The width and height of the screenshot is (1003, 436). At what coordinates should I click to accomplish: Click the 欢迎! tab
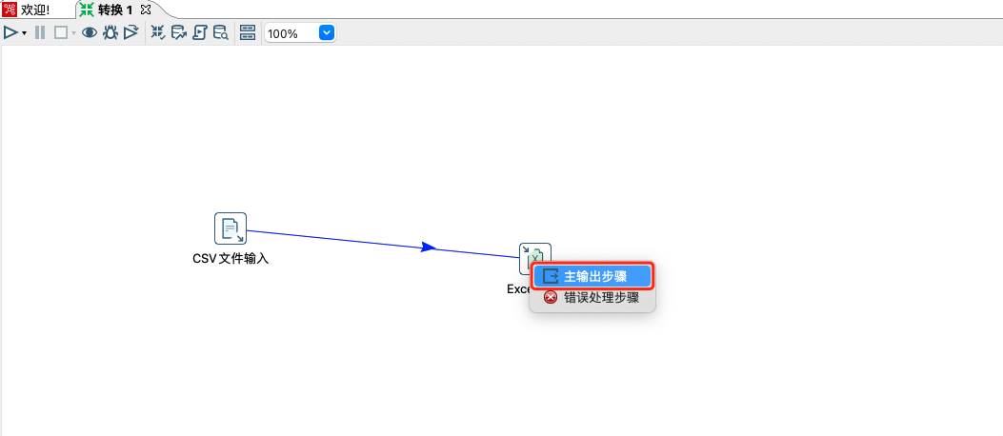tap(34, 10)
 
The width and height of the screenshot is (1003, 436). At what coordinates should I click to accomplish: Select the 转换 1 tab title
tap(115, 10)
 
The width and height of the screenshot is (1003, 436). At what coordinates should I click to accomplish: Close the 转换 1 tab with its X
tap(146, 9)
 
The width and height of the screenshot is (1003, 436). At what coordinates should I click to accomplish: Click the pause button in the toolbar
tap(40, 32)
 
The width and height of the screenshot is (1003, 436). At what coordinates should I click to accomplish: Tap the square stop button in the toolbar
tap(60, 32)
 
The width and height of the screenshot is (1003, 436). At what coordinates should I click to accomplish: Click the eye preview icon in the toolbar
tap(90, 32)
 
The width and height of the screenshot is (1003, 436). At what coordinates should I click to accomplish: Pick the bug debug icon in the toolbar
tap(110, 32)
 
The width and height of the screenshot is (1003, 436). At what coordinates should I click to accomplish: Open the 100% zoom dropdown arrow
tap(327, 32)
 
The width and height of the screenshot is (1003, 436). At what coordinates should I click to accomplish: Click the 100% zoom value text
tap(283, 33)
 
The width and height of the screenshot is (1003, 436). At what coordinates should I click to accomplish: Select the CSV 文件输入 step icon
tap(231, 228)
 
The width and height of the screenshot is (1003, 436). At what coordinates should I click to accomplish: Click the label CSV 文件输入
tap(231, 258)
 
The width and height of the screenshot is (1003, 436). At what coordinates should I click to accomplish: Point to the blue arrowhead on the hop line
tap(429, 248)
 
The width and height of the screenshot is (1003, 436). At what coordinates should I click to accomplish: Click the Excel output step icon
tap(534, 256)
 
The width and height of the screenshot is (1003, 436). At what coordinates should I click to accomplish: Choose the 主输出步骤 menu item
tap(594, 276)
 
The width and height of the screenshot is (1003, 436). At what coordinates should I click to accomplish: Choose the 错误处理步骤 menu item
tap(600, 298)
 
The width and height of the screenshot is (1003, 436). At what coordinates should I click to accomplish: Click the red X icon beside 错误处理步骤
tap(550, 298)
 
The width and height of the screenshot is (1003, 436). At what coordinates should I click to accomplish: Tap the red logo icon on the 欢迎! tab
tap(10, 10)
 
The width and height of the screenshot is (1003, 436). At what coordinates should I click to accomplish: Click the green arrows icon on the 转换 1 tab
tap(87, 10)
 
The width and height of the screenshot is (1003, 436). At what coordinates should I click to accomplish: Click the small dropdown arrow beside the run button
tap(24, 33)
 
